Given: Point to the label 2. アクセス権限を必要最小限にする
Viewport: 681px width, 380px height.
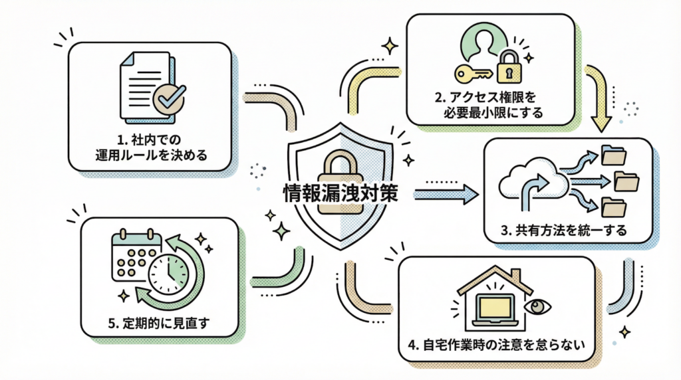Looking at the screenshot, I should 491,104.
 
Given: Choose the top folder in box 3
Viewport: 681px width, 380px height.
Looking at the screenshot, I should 613,155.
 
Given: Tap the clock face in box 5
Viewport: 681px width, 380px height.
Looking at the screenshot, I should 168,274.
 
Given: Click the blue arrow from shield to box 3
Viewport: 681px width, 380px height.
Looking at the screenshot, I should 446,193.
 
